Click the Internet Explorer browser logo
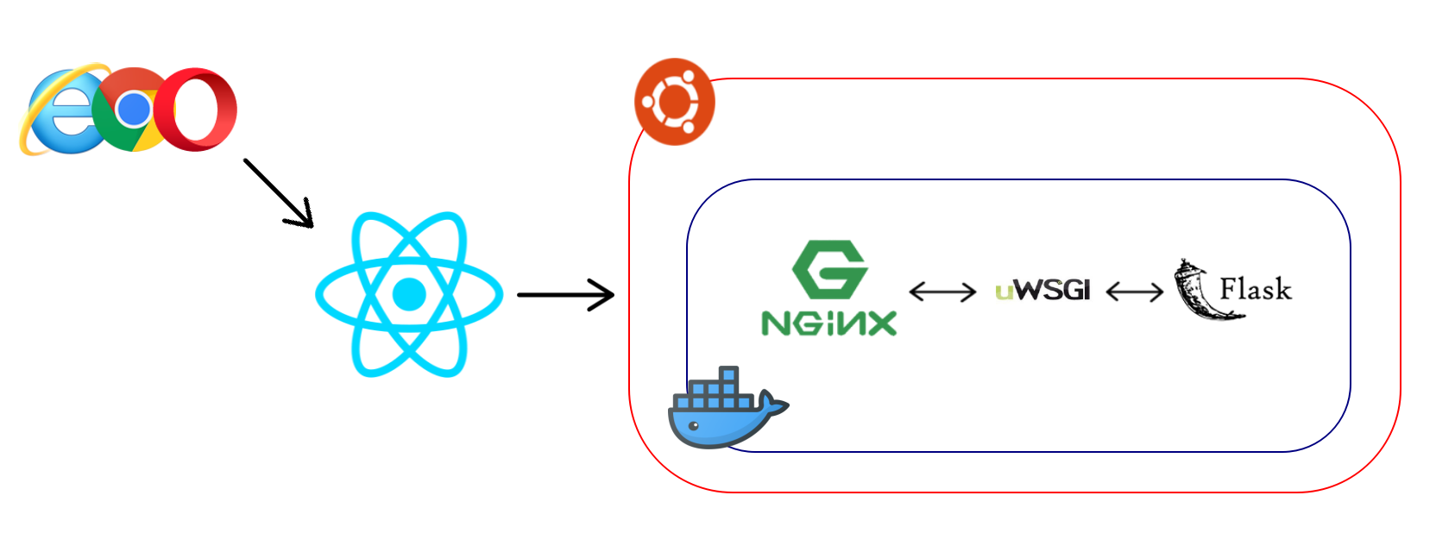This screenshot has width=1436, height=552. pos(64,110)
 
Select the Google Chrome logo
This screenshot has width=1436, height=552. pos(134,110)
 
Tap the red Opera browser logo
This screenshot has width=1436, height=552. pos(196,110)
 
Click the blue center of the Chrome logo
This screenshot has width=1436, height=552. pos(134,110)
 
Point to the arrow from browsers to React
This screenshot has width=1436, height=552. pos(278,192)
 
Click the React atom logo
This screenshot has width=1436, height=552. pos(409,294)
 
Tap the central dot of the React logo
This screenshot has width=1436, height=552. pos(409,294)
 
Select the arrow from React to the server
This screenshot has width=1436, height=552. pos(565,295)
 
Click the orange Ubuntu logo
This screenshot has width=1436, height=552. pos(674,102)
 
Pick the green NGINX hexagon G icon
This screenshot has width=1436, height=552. pos(830,269)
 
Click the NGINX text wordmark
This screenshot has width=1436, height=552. pos(829,323)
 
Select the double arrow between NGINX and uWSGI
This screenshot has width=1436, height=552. pos(942,292)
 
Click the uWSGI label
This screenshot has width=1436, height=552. pos(1042,290)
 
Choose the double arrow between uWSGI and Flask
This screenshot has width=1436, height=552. pos(1135,292)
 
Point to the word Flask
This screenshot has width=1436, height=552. pos(1256,289)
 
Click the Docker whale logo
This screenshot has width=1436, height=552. pos(728,407)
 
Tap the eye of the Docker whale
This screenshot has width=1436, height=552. pos(693,426)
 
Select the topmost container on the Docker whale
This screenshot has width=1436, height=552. pos(728,374)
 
